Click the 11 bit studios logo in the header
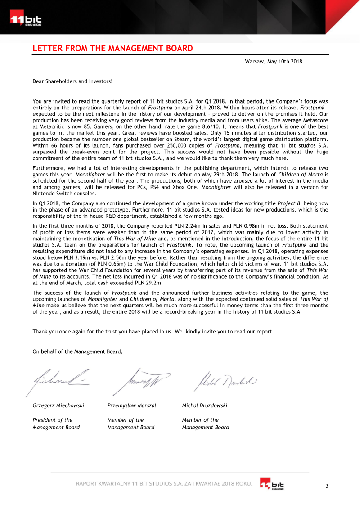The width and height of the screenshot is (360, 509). tap(26, 20)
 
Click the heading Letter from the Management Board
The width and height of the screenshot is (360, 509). tap(112, 49)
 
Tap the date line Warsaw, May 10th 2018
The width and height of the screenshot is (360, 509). tap(273, 61)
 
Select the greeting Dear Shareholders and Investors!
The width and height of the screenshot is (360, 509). tap(72, 81)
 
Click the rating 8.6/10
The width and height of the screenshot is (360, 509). tap(207, 127)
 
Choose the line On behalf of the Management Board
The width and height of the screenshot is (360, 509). tap(77, 351)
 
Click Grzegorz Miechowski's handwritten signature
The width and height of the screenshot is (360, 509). tap(58, 379)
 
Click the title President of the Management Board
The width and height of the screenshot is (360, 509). tap(56, 423)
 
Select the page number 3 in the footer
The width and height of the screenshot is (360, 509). tap(327, 486)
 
